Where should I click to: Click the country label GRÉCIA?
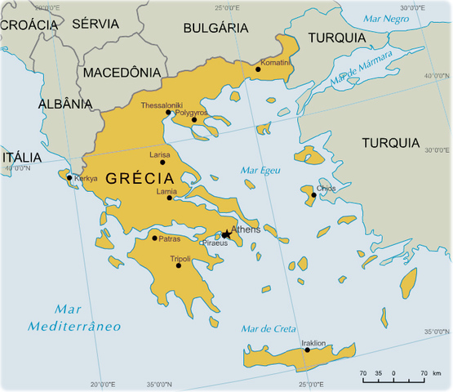tap(140, 178)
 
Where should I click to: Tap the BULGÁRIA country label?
tap(215, 27)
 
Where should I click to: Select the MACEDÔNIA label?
tap(122, 72)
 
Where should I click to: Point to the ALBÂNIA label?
tap(65, 104)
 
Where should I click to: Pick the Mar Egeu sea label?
tap(260, 170)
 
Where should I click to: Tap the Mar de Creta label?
tap(269, 328)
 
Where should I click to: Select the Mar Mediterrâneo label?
tap(74, 318)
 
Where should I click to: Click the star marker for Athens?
tap(226, 234)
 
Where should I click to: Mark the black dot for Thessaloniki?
tap(169, 113)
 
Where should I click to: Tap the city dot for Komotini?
tap(258, 69)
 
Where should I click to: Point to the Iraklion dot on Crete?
tap(307, 350)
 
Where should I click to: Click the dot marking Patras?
tap(154, 238)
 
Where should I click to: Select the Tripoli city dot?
tap(178, 265)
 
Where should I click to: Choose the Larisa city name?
tap(161, 154)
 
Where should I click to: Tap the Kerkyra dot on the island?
tap(69, 177)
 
